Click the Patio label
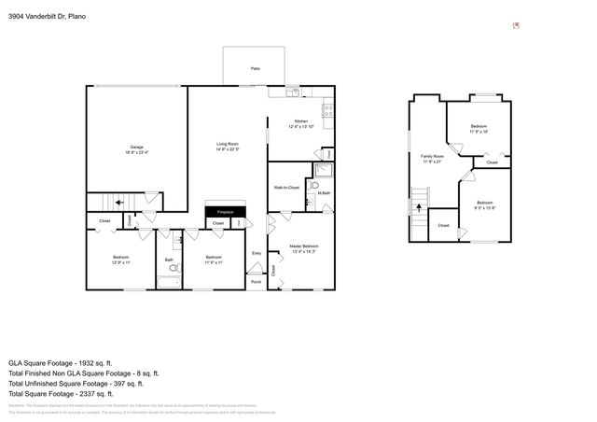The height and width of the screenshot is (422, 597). (255, 69)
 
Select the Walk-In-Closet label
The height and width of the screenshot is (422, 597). (286, 188)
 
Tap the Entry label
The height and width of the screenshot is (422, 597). (257, 253)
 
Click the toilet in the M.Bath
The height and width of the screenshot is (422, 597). (314, 186)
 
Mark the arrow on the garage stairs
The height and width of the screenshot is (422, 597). (118, 202)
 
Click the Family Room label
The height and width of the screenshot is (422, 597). (432, 158)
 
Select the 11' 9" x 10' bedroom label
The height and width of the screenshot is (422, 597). (479, 128)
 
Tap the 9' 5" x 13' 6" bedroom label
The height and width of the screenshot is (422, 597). (484, 205)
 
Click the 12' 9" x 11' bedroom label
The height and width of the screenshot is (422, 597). (121, 260)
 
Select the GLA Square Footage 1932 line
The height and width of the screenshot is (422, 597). (60, 362)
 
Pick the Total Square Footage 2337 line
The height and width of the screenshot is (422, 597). (60, 393)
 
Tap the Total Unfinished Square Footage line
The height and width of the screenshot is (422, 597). (76, 383)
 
